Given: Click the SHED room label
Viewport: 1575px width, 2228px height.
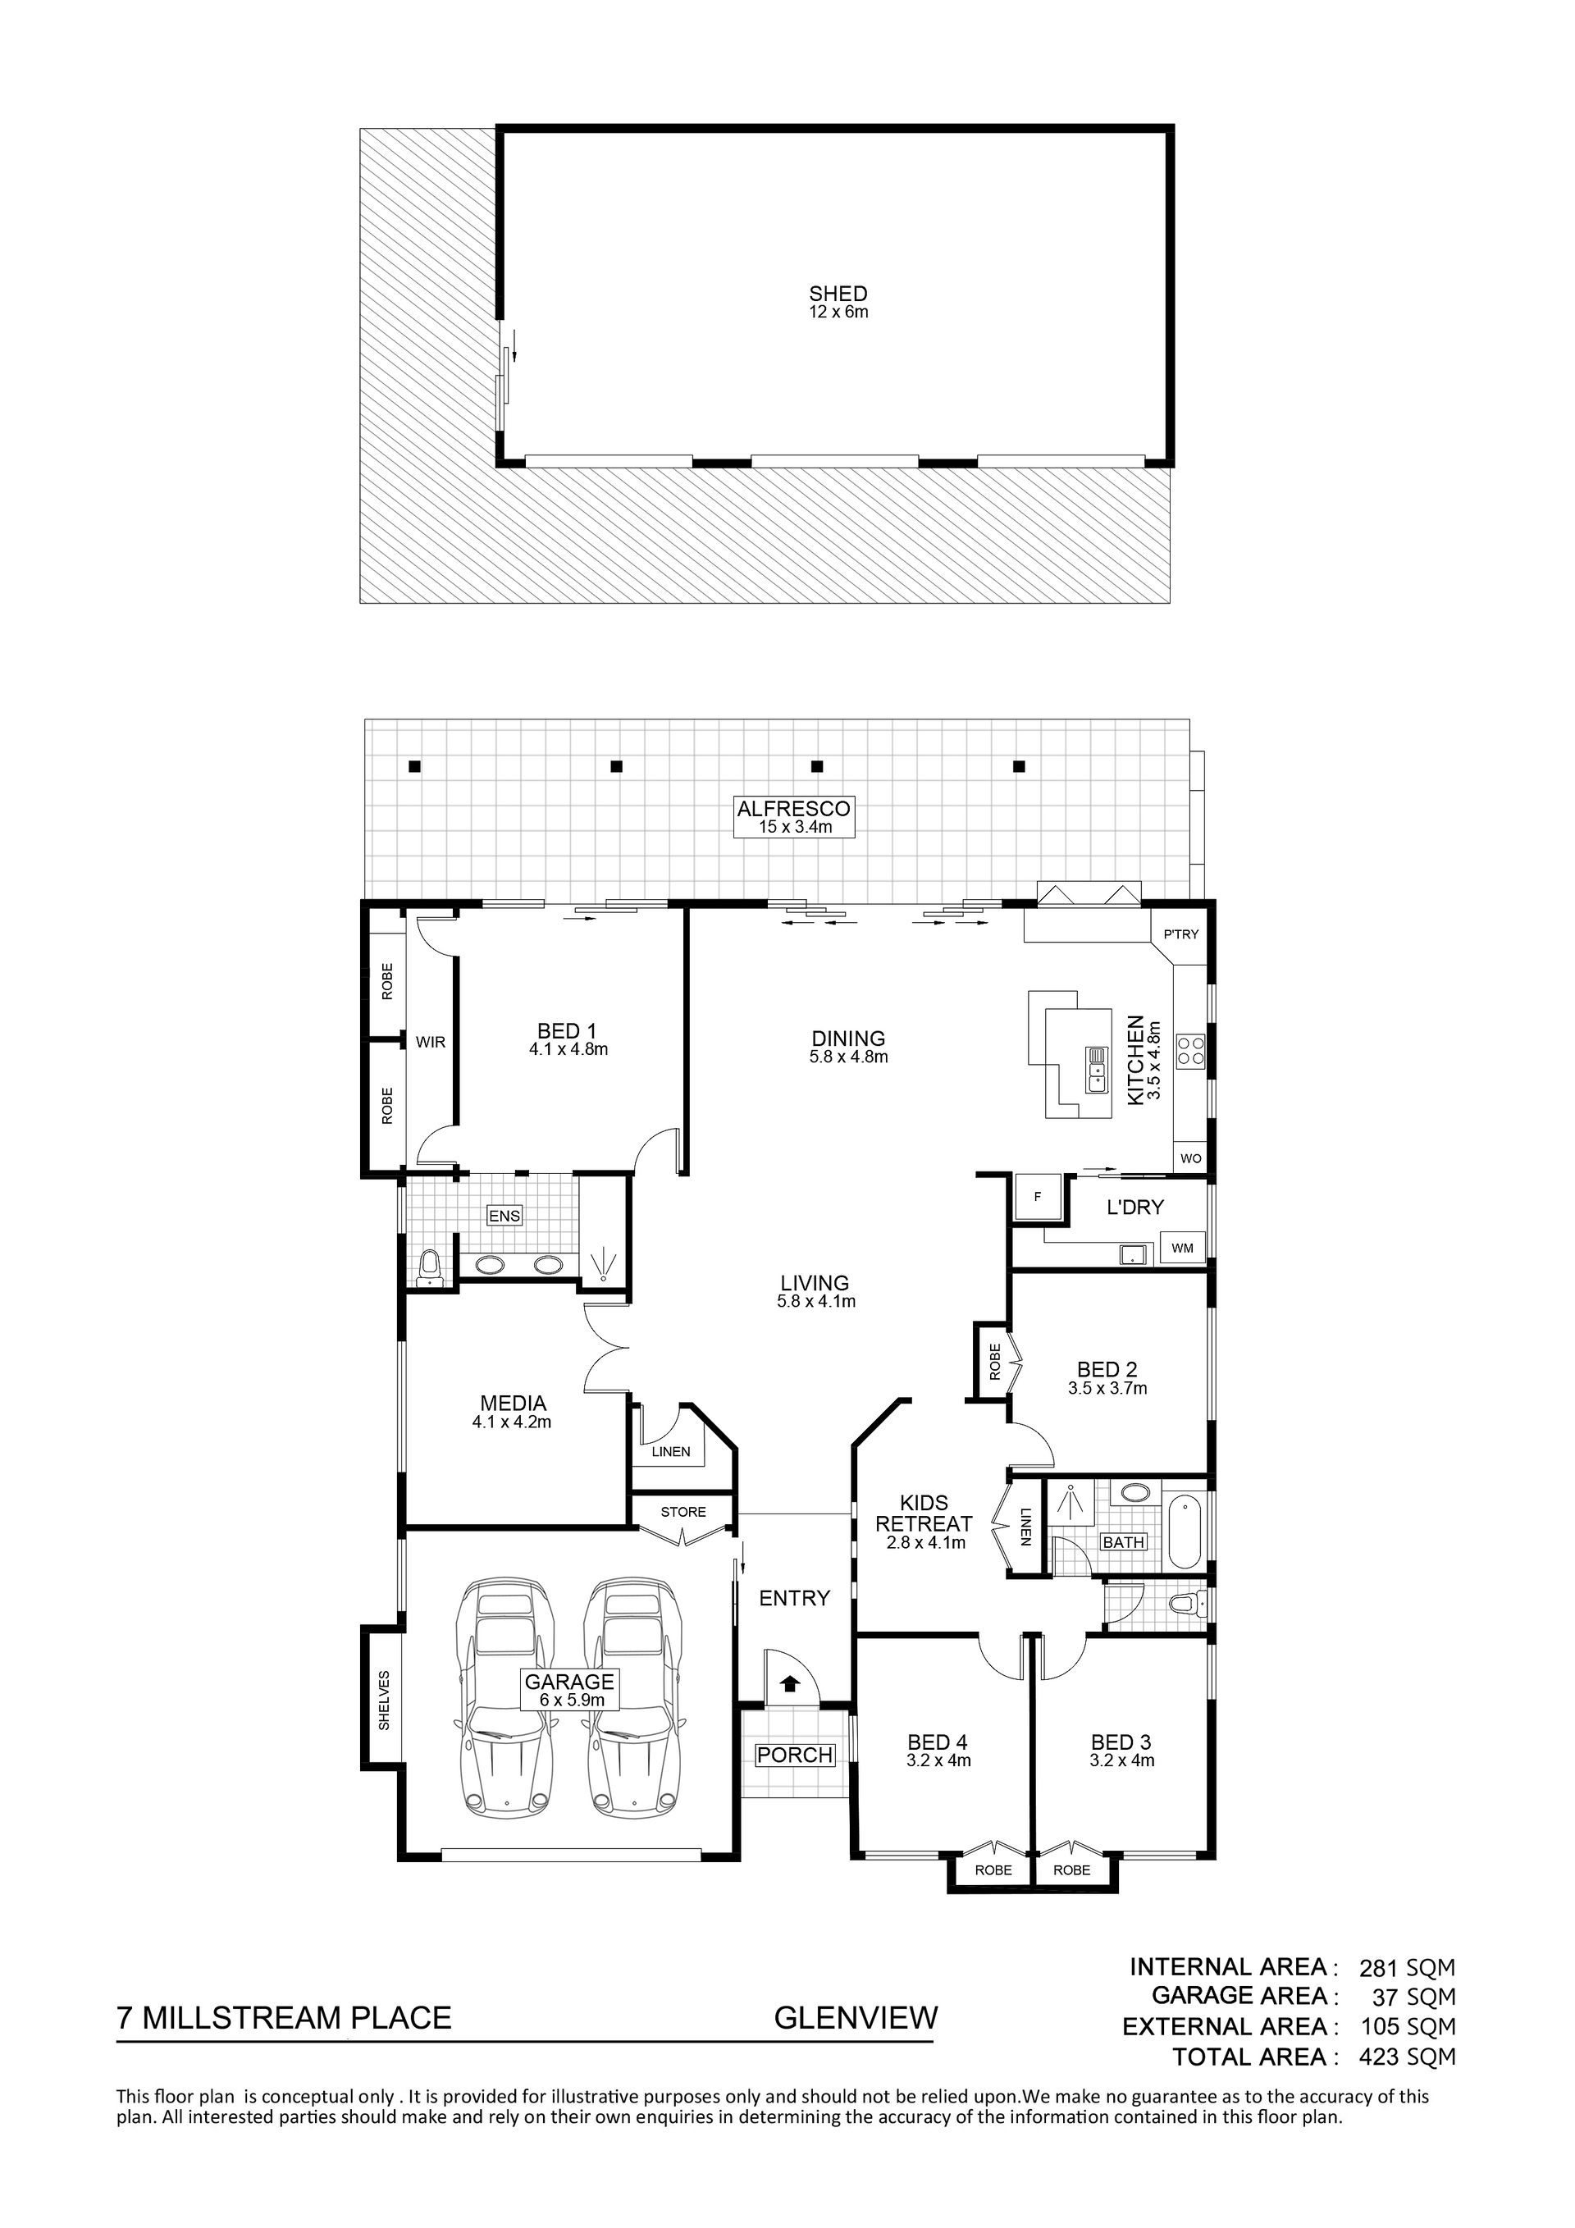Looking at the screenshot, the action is point(838,293).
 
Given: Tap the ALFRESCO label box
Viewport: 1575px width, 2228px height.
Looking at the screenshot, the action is point(794,816).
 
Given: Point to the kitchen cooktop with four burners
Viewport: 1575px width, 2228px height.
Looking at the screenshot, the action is point(1191,1049).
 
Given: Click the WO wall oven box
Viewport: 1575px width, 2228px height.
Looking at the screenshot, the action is point(1191,1157).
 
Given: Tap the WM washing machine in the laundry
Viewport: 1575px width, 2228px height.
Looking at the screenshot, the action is point(1182,1248).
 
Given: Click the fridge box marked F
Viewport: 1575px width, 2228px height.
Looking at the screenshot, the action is point(1036,1198).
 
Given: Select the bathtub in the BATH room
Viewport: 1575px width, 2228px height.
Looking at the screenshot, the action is point(1186,1533).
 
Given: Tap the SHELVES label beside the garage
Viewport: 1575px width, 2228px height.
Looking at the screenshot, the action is point(384,1700).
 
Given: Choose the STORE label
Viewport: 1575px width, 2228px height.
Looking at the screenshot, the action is point(683,1512).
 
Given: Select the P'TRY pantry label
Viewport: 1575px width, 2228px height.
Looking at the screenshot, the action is point(1181,934).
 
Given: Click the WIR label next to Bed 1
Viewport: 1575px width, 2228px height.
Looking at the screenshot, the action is point(430,1042).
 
